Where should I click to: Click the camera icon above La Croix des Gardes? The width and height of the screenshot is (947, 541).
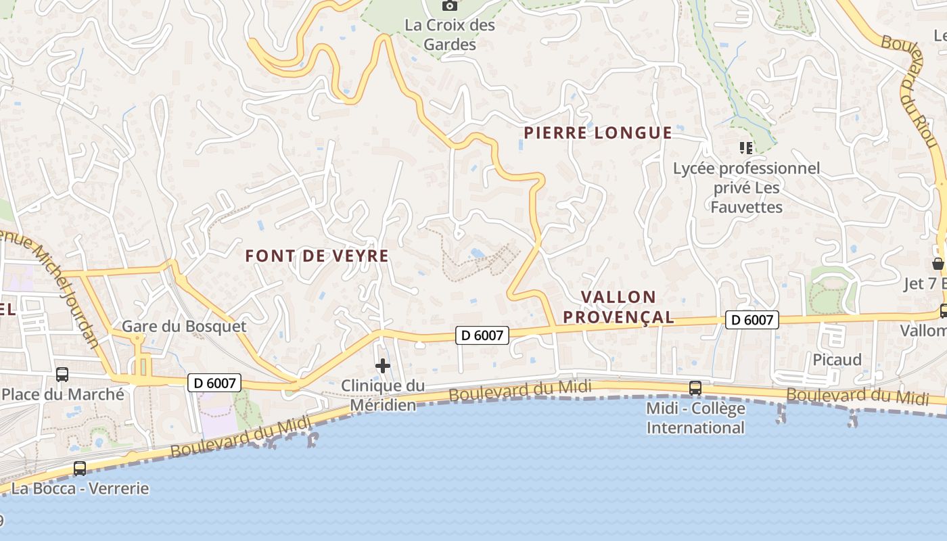pyautogui.click(x=450, y=6)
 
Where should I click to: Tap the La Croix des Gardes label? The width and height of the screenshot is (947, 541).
pyautogui.click(x=450, y=35)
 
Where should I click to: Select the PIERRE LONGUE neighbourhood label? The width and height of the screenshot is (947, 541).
pyautogui.click(x=598, y=133)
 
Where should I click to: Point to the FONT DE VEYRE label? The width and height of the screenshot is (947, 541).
pyautogui.click(x=317, y=256)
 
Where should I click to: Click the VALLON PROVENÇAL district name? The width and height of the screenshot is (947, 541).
pyautogui.click(x=618, y=306)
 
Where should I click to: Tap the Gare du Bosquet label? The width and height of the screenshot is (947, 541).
pyautogui.click(x=184, y=326)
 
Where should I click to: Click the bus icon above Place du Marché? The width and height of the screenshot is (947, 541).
pyautogui.click(x=62, y=374)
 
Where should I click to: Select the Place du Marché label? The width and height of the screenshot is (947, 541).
pyautogui.click(x=63, y=394)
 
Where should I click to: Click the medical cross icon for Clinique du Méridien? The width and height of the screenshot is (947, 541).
pyautogui.click(x=383, y=366)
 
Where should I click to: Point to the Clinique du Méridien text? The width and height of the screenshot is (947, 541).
pyautogui.click(x=383, y=395)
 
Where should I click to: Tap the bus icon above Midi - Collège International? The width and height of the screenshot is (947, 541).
pyautogui.click(x=695, y=388)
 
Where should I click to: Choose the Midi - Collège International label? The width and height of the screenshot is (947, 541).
pyautogui.click(x=695, y=418)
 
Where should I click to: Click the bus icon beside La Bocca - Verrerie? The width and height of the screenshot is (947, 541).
pyautogui.click(x=80, y=468)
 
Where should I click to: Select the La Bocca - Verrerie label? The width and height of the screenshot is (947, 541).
pyautogui.click(x=80, y=488)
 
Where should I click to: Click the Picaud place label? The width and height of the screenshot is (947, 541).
pyautogui.click(x=837, y=360)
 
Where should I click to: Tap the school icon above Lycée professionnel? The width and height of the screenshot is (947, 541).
pyautogui.click(x=746, y=147)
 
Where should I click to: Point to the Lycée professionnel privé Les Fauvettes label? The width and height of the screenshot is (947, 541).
pyautogui.click(x=746, y=187)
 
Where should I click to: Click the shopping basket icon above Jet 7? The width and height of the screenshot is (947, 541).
pyautogui.click(x=938, y=263)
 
